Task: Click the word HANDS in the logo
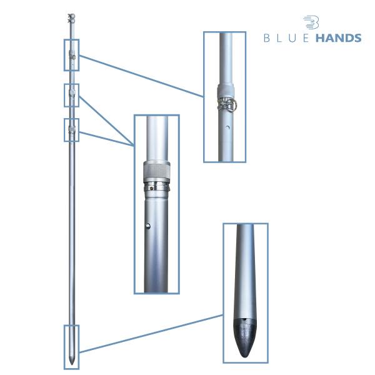[x=338, y=38]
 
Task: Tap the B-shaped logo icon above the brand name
[x=311, y=22]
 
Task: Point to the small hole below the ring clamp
[x=227, y=127]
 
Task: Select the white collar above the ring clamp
[x=226, y=90]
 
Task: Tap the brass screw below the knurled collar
[x=152, y=188]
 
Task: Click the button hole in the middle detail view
[x=148, y=226]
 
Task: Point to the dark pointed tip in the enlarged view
[x=244, y=337]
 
